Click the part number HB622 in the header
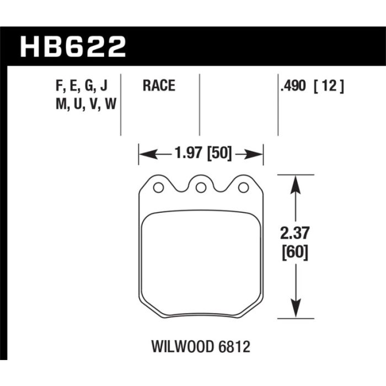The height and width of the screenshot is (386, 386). click(73, 47)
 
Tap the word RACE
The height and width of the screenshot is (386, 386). click(159, 85)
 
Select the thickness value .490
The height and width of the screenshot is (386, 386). click(293, 86)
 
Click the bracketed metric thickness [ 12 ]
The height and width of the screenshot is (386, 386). click(329, 86)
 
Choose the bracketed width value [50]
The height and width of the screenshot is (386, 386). click(219, 153)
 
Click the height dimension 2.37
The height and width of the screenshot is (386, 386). click(294, 233)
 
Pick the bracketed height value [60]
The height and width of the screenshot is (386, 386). click(294, 253)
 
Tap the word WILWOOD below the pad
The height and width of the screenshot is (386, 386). click(183, 347)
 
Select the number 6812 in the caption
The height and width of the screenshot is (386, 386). click(234, 347)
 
